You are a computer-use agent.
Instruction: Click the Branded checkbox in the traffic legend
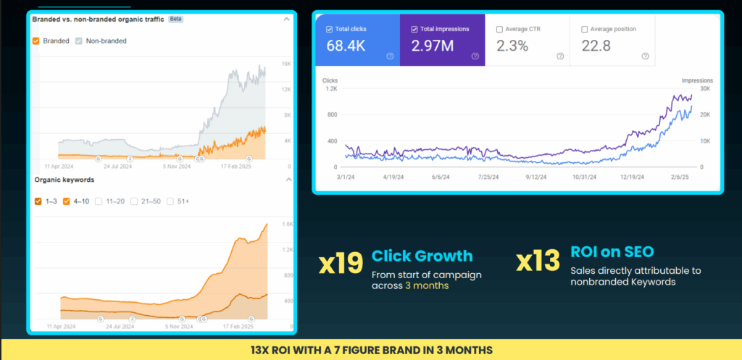[36, 41]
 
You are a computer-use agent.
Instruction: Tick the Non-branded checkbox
[79, 41]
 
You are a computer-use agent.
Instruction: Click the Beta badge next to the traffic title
[175, 20]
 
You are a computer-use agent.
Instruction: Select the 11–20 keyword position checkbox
[99, 201]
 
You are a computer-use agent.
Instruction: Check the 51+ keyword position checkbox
[170, 201]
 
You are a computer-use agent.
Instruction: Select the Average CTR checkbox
[499, 29]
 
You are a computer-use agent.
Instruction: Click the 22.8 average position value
[596, 46]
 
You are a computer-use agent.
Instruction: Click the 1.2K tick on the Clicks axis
[330, 89]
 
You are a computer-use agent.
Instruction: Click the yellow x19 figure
[341, 262]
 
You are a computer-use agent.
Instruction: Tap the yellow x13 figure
[538, 261]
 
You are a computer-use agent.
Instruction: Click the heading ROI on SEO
[612, 251]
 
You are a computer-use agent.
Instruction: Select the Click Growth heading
[422, 256]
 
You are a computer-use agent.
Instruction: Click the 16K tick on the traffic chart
[286, 64]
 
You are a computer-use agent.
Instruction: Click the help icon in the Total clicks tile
[390, 56]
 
